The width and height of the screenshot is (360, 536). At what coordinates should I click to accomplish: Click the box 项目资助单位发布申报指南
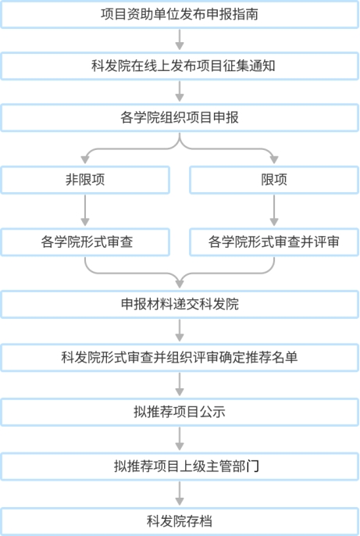click(x=180, y=14)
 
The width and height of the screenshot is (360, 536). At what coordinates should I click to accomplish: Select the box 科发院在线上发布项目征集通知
click(x=180, y=66)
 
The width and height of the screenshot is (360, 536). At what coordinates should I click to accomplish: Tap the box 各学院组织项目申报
click(x=180, y=118)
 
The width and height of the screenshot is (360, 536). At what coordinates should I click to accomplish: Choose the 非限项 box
click(x=85, y=180)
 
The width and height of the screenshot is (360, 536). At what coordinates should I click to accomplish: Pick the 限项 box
click(x=274, y=180)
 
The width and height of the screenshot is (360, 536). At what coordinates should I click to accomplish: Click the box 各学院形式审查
click(x=85, y=242)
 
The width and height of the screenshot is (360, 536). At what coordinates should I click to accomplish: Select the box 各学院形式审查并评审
click(x=274, y=242)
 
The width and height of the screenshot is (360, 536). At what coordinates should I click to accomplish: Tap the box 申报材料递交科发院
click(x=180, y=304)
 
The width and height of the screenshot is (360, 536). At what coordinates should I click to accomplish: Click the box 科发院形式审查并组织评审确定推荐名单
click(x=180, y=358)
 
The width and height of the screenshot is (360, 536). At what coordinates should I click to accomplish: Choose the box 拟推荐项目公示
click(x=180, y=412)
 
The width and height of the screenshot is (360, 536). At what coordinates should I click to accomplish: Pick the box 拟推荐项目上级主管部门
click(x=180, y=466)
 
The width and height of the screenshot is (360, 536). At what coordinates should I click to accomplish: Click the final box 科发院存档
click(x=180, y=521)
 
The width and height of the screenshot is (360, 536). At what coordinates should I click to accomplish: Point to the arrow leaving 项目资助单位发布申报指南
click(x=180, y=40)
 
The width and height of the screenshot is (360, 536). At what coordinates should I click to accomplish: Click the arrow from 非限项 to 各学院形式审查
click(x=85, y=210)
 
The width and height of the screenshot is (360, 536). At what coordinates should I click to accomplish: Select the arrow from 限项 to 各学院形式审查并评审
click(x=274, y=210)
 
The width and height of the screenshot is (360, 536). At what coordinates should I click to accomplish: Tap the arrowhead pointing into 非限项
click(x=85, y=159)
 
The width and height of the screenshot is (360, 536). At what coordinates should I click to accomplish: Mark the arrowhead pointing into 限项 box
click(x=274, y=159)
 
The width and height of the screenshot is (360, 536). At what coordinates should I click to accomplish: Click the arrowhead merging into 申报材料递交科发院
click(x=180, y=284)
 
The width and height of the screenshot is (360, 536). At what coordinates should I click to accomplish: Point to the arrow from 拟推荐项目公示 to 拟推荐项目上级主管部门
click(x=180, y=439)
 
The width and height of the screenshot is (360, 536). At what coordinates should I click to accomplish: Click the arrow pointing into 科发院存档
click(x=180, y=494)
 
